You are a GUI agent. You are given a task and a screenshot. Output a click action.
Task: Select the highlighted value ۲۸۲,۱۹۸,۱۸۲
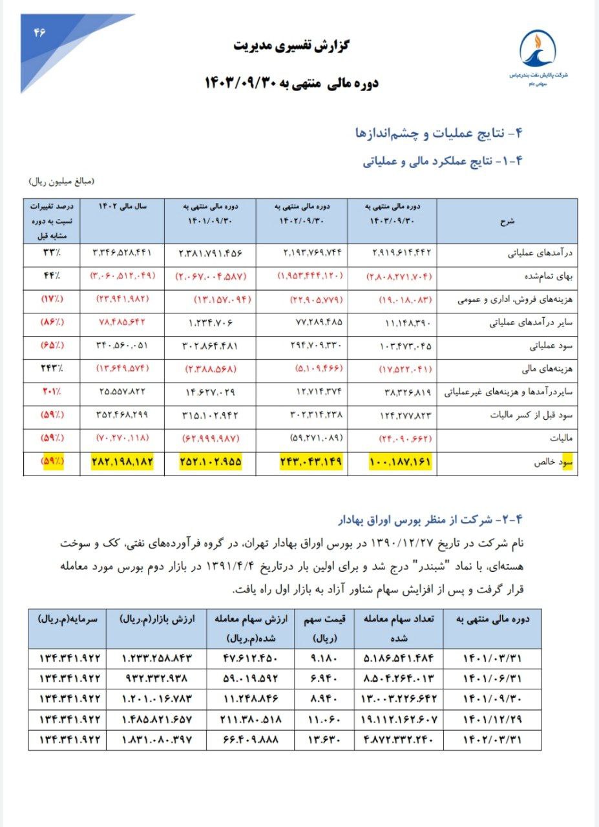tap(121, 463)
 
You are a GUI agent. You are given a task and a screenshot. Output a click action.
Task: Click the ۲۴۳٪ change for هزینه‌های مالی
tap(52, 369)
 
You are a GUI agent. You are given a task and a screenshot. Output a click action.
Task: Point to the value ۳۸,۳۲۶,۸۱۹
tap(403, 392)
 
